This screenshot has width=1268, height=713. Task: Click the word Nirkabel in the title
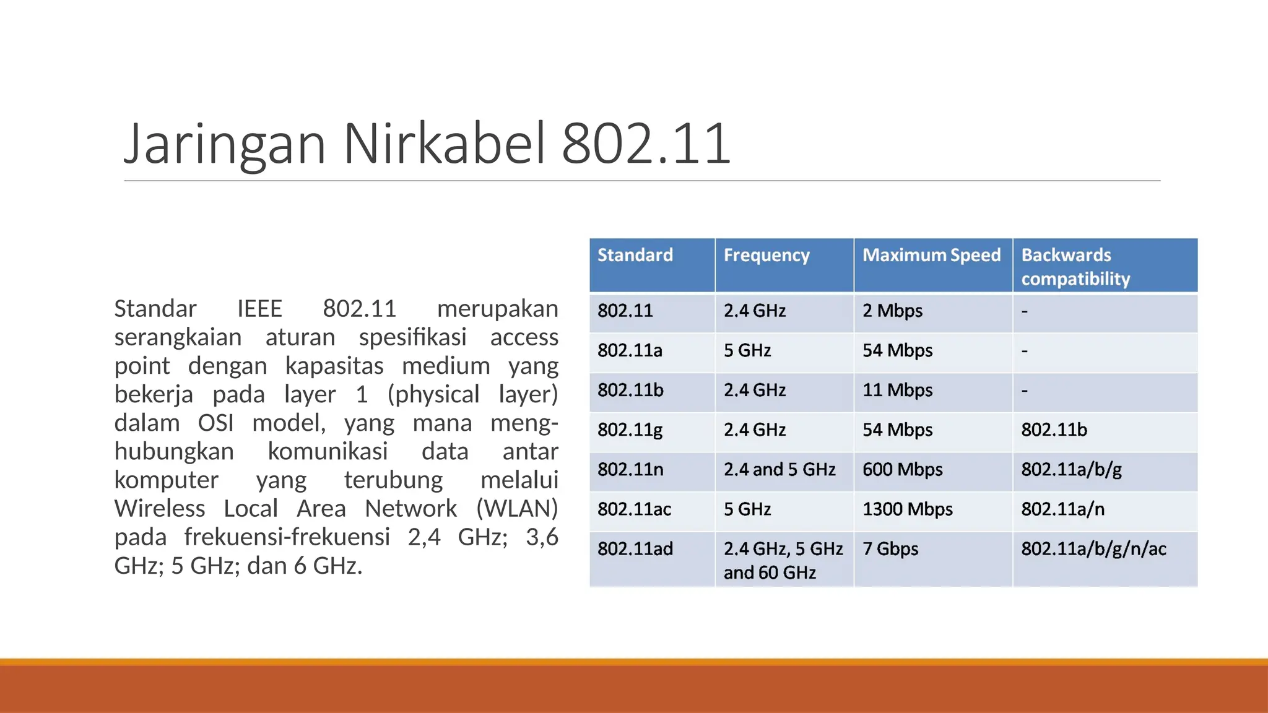445,144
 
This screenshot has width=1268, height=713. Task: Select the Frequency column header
766,255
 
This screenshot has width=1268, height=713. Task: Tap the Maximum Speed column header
931,255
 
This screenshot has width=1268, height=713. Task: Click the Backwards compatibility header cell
1075,267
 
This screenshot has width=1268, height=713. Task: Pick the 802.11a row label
630,350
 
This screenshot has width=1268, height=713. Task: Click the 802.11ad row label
635,549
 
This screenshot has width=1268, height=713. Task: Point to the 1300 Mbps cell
907,509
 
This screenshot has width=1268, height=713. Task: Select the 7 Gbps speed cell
890,549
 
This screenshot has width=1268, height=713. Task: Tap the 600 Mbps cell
902,470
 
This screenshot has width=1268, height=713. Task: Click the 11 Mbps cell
897,390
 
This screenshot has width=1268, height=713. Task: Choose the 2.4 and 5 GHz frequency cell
779,470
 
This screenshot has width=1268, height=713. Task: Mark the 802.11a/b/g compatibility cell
1071,470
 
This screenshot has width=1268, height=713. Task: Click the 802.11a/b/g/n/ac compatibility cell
1093,549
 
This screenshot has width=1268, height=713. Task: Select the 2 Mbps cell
892,311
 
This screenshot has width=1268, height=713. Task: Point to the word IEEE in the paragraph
259,308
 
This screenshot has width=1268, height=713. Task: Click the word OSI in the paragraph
215,423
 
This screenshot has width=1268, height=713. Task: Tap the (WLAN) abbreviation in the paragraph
517,508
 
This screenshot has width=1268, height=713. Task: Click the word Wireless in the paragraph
160,508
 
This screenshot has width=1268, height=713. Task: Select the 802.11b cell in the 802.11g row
1054,430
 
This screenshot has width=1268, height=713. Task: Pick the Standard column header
635,255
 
